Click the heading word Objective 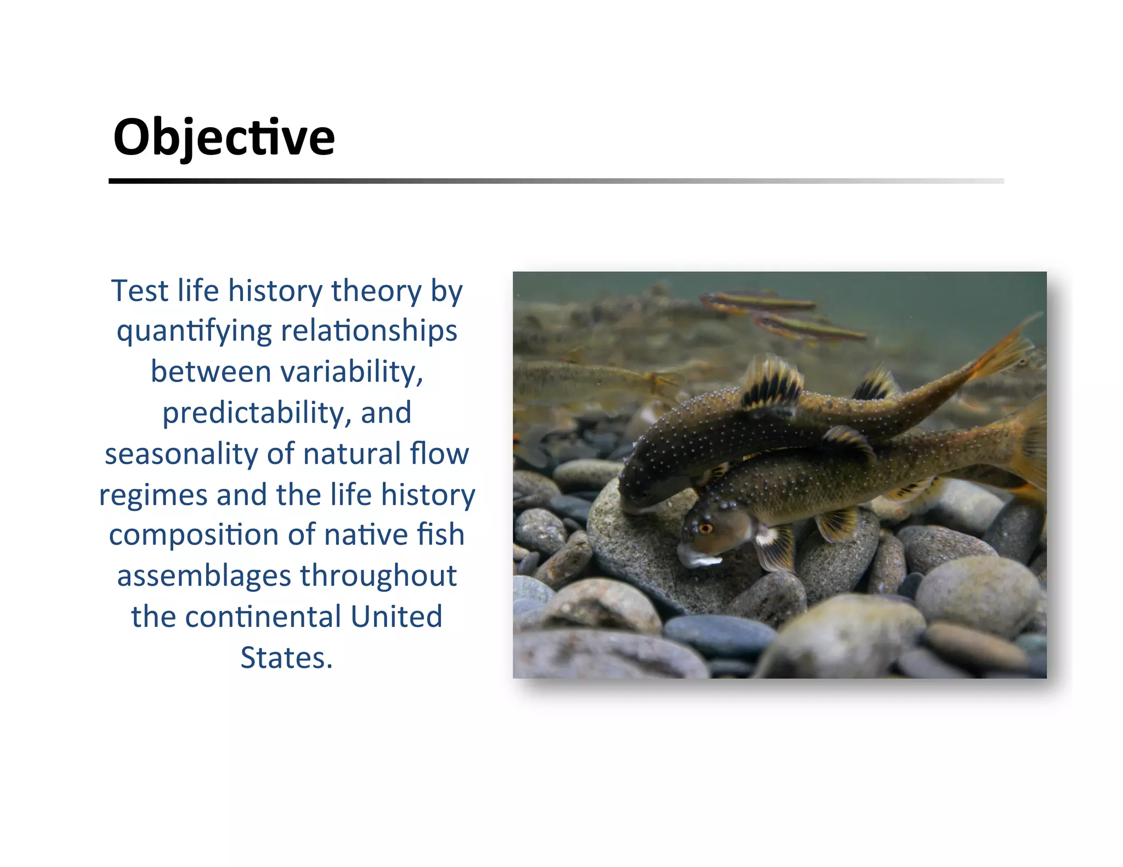pos(224,137)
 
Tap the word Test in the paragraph pos(139,290)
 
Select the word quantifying pos(194,332)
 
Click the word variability pos(351,372)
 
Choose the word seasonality pos(181,454)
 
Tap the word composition pos(194,535)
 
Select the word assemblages pos(204,576)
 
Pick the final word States pos(286,658)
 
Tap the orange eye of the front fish pos(706,528)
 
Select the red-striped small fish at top pos(759,301)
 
